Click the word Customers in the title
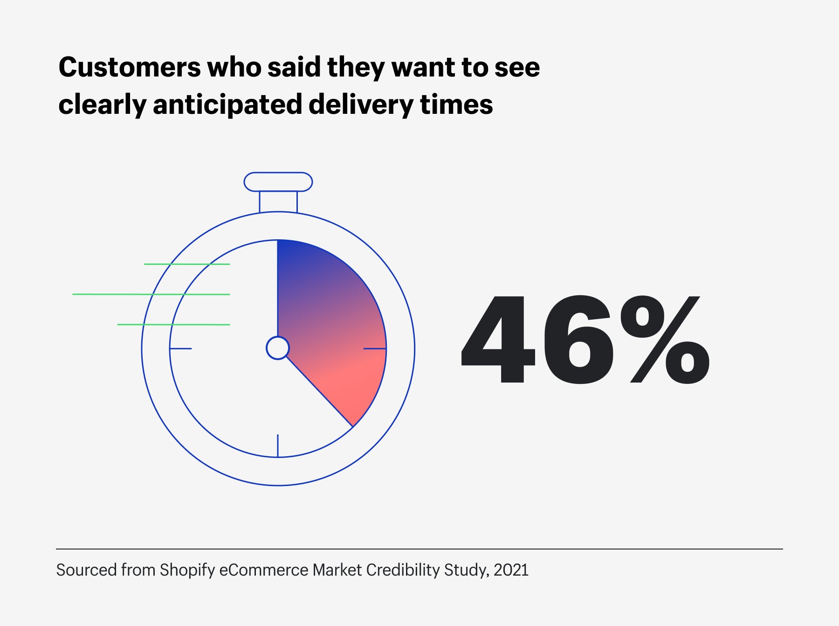point(130,67)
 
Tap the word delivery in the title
point(360,104)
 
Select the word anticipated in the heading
point(227,104)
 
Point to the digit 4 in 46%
point(499,339)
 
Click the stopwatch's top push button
point(278,182)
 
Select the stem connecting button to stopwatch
point(278,202)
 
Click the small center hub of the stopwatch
point(278,348)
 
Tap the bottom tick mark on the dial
point(278,445)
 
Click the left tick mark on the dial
point(180,348)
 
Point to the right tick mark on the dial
point(375,348)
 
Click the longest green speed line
point(151,294)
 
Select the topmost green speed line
point(187,264)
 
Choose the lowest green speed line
point(173,324)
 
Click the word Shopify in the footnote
point(187,570)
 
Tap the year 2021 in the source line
point(511,570)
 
